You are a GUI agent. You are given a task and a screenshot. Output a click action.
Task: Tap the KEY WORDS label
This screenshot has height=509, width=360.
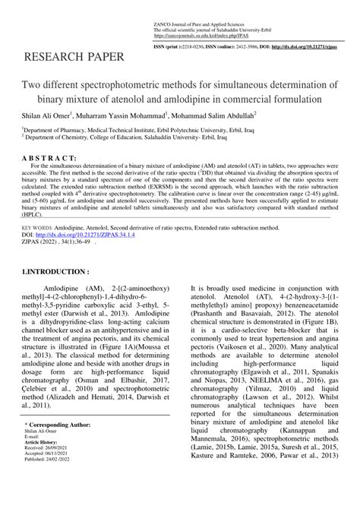(x=37, y=227)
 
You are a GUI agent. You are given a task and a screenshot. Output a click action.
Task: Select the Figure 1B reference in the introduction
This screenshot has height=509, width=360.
(x=330, y=321)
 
